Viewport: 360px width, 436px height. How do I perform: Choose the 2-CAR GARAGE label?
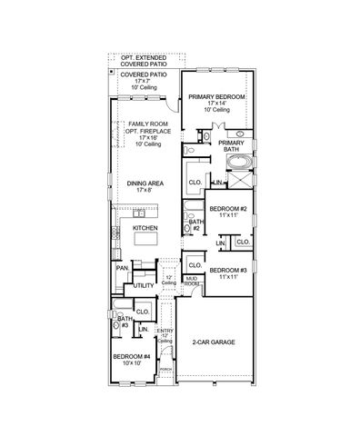[x=213, y=342]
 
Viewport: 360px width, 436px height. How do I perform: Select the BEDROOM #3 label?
[x=227, y=270]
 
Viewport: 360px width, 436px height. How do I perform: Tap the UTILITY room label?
[x=145, y=285]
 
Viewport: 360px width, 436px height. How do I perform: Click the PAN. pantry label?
[x=121, y=268]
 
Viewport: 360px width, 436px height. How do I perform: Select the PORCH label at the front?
[x=165, y=370]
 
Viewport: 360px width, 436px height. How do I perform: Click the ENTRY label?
[x=166, y=331]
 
